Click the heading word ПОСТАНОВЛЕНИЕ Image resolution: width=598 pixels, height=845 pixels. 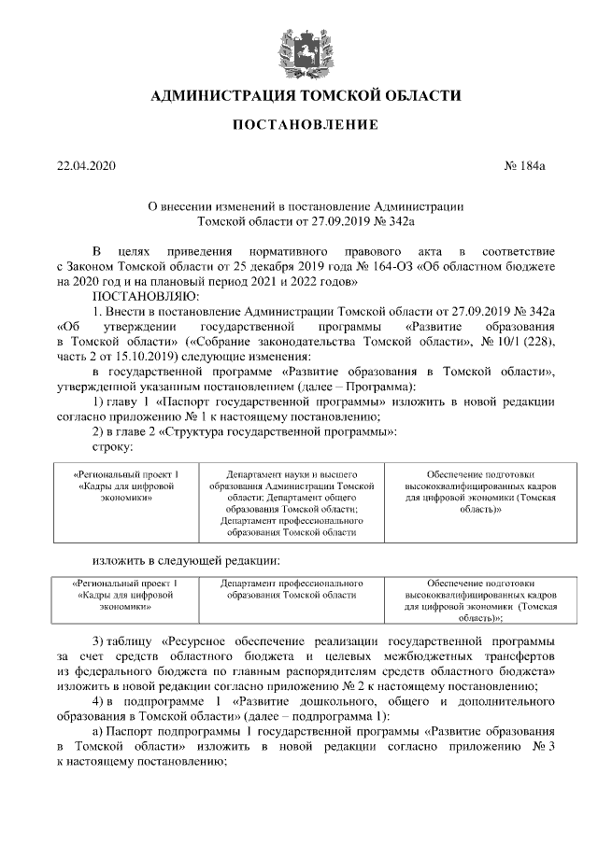click(298, 124)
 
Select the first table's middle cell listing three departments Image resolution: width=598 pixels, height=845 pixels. click(293, 503)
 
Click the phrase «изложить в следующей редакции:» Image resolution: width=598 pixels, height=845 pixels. click(186, 560)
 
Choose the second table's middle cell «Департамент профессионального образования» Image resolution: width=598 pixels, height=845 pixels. click(293, 588)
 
